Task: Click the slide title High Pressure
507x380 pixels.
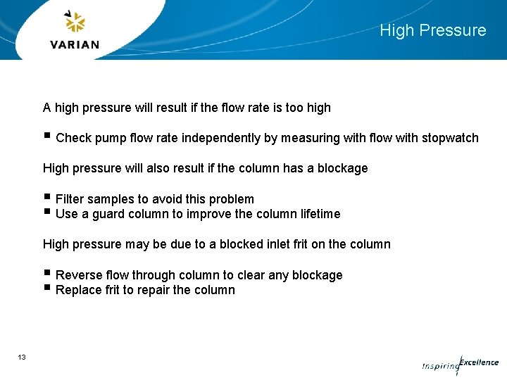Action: tap(432, 30)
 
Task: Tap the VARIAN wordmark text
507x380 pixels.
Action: tap(75, 44)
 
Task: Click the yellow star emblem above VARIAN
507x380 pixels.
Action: tap(75, 22)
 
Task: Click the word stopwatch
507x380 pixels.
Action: tap(450, 138)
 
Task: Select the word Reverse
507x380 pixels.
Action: tap(79, 275)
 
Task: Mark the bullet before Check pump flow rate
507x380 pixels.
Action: tap(46, 137)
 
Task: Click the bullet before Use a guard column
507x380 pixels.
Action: tap(46, 213)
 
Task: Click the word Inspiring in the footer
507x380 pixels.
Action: tap(440, 366)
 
